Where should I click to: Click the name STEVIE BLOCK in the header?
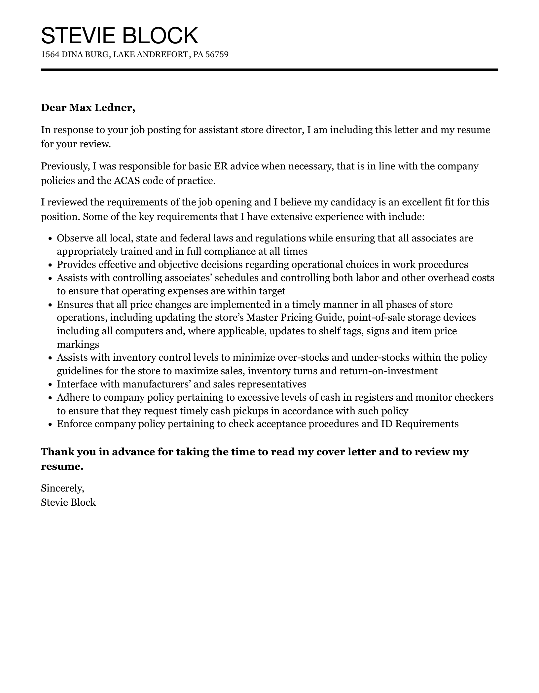(119, 35)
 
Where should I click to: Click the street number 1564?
(50, 55)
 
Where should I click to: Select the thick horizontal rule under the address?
(269, 70)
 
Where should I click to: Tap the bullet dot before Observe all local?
(50, 239)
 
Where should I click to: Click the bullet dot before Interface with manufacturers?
(50, 385)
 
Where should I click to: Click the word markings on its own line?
(78, 345)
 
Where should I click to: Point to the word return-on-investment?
(388, 371)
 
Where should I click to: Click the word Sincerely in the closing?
(62, 488)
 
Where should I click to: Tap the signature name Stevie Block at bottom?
(68, 502)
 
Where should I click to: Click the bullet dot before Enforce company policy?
(50, 424)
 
